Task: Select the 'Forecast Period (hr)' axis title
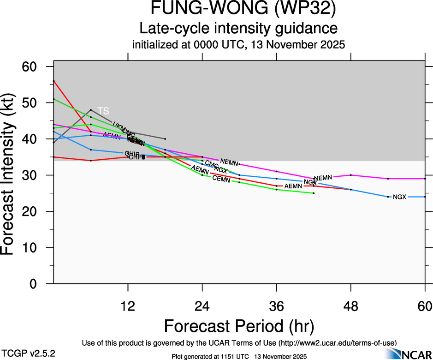(x=238, y=326)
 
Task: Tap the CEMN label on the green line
(x=221, y=179)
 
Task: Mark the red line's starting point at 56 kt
(x=54, y=81)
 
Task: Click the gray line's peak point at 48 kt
(x=91, y=110)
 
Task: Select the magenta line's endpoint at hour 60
(x=425, y=179)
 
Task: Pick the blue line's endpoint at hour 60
(x=425, y=197)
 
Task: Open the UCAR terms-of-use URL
(x=338, y=343)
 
